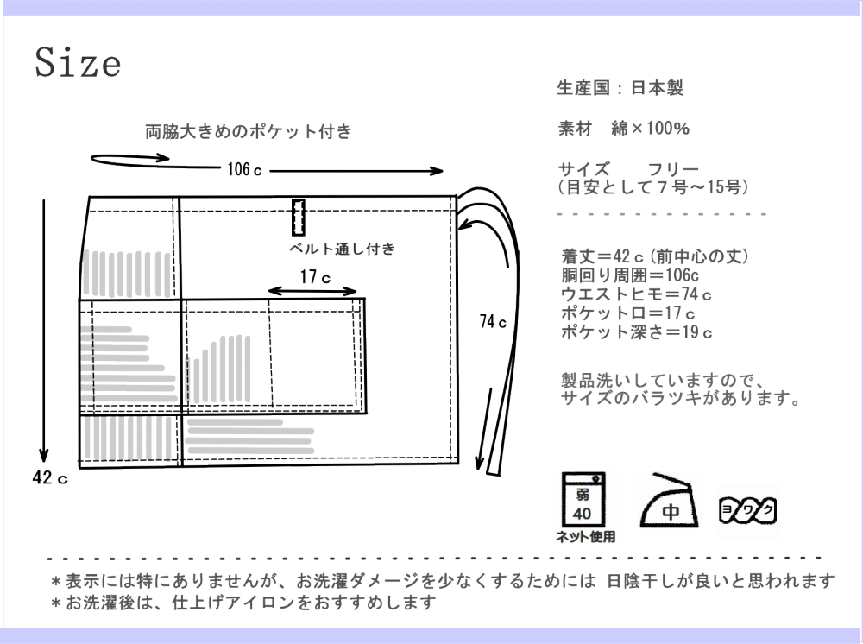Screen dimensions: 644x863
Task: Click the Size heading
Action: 77,63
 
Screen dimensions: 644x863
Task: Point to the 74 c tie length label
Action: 492,322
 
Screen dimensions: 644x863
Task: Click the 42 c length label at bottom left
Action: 49,480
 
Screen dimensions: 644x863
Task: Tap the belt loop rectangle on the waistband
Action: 299,218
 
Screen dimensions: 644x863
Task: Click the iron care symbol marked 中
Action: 670,502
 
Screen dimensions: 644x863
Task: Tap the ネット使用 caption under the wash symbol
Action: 585,537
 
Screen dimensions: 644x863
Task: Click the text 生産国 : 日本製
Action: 621,88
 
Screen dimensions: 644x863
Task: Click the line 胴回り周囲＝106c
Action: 630,275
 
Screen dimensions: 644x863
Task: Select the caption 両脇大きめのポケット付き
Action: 249,132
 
